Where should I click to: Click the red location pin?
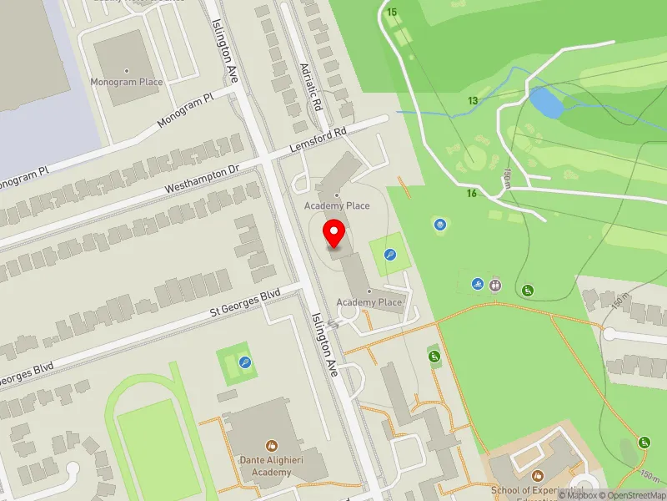point(334,234)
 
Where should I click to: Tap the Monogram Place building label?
point(128,82)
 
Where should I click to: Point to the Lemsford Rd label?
point(318,139)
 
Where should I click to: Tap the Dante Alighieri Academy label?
point(270,466)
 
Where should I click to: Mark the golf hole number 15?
point(392,12)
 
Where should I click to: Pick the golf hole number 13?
point(473,101)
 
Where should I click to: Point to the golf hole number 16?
point(472,194)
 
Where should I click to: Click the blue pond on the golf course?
point(544,104)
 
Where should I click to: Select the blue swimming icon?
point(478,284)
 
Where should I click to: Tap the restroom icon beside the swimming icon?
point(496,284)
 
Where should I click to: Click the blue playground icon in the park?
point(439,224)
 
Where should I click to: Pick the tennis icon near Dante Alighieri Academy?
point(245,362)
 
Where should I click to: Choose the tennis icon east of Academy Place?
point(389,255)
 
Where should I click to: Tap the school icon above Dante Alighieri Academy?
point(270,446)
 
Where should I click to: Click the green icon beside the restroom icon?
point(527,290)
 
